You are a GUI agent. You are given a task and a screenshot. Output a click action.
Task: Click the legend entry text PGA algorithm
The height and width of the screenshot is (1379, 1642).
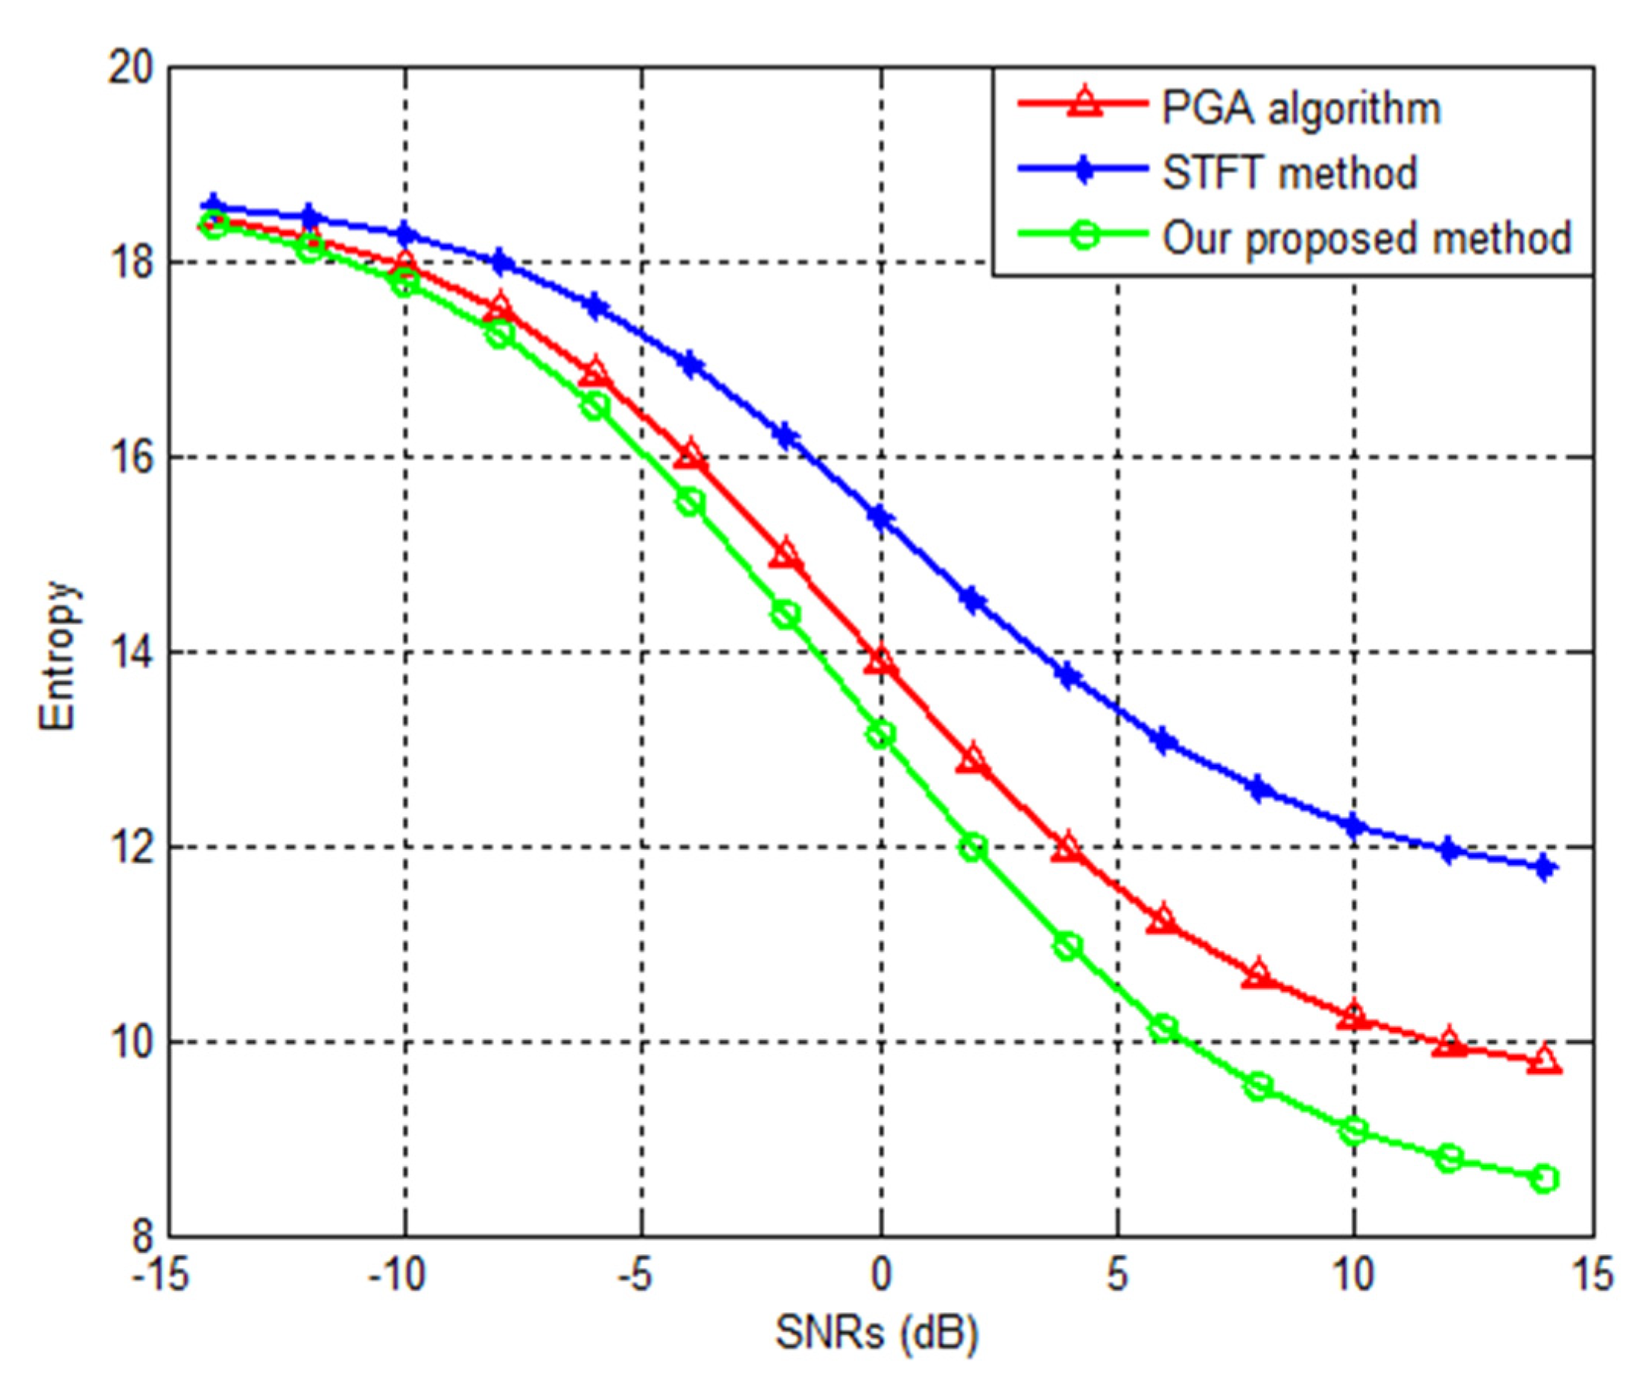(x=1299, y=108)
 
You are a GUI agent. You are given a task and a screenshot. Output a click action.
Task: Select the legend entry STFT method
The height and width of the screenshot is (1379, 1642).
(x=1289, y=173)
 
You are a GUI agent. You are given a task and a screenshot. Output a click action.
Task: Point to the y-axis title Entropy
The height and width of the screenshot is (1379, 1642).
(x=59, y=655)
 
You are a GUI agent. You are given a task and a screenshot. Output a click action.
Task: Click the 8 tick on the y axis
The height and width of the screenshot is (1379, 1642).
(x=141, y=1238)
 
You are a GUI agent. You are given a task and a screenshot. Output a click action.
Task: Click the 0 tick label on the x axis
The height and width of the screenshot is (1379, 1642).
(x=880, y=1276)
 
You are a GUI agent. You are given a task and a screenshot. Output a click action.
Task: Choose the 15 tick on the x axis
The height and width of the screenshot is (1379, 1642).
(x=1592, y=1276)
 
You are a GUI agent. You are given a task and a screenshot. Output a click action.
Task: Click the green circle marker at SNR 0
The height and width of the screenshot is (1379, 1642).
(x=881, y=734)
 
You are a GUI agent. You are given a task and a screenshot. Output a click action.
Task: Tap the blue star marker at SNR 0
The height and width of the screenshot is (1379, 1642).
(x=881, y=518)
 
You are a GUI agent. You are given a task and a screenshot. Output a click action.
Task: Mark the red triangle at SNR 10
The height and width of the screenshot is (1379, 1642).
(x=1354, y=1017)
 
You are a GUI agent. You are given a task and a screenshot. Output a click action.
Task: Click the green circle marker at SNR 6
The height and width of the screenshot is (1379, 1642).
(x=1164, y=1028)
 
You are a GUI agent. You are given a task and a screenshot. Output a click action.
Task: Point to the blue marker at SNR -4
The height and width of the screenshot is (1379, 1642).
(x=690, y=364)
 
